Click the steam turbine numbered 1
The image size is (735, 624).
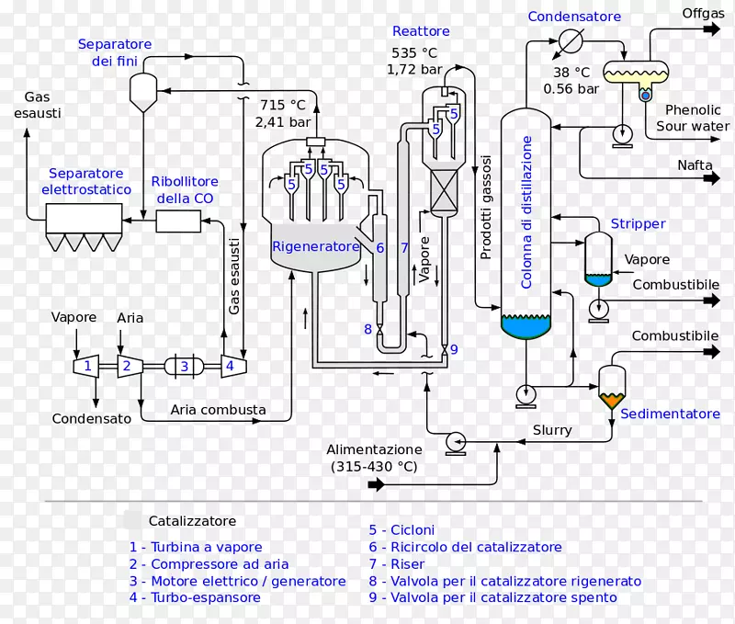point(86,366)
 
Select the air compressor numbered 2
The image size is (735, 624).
point(130,366)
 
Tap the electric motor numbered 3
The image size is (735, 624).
point(184,366)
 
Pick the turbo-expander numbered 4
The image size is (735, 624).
point(233,366)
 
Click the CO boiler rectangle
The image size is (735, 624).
point(178,221)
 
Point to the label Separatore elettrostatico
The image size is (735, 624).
point(86,181)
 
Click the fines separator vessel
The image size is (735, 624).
point(143,92)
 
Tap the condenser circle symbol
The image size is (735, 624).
point(571,40)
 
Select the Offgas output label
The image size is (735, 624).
point(703,13)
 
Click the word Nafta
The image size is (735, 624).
point(695,165)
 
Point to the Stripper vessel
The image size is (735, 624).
point(598,259)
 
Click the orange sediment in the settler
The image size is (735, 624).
point(611,401)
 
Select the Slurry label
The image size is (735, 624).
point(552,430)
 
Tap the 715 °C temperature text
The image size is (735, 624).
point(283,105)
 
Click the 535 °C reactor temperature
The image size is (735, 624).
point(414,53)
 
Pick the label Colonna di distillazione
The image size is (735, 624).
point(526,212)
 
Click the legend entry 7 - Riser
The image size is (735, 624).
point(397,564)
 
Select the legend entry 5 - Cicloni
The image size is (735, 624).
point(401,529)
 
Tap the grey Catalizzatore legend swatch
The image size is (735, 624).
point(132,520)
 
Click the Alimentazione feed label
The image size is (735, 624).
point(374,458)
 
